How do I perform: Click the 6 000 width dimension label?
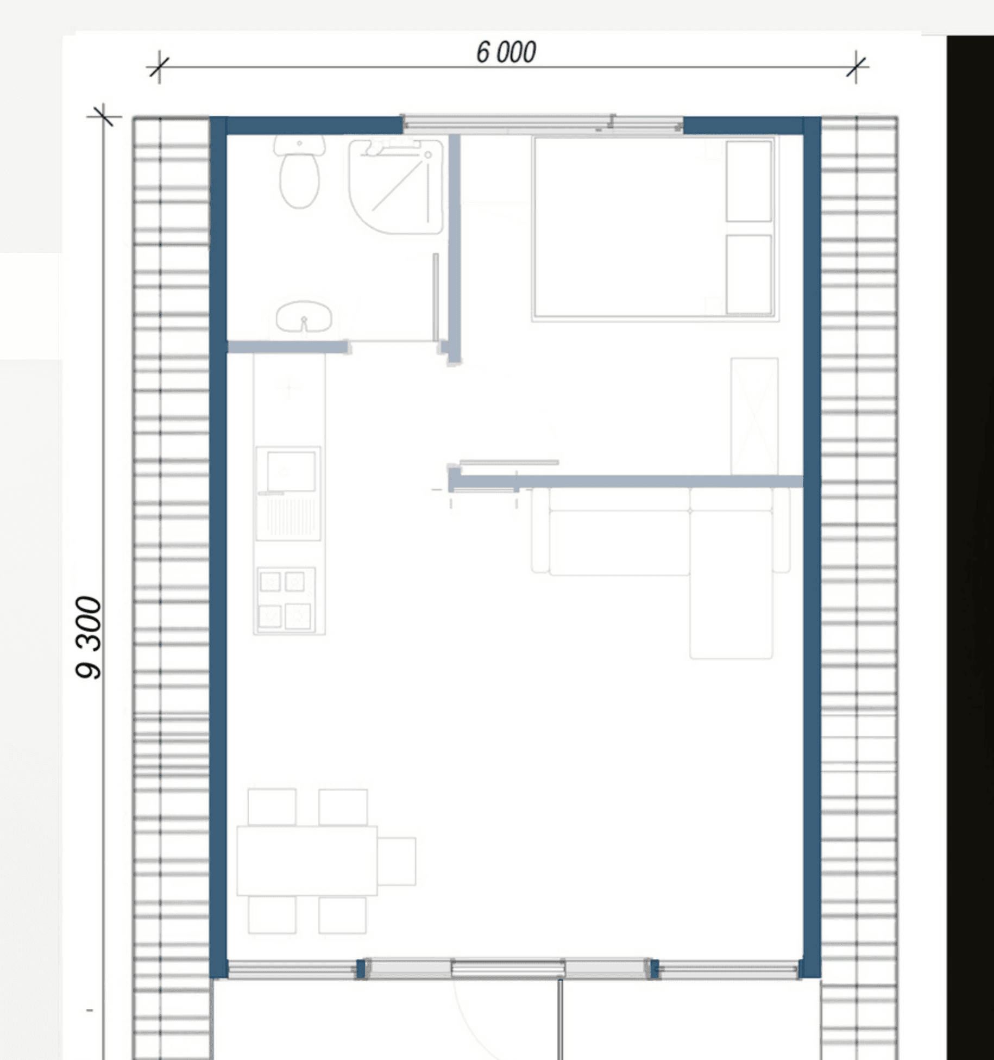(x=506, y=52)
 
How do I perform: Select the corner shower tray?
(x=395, y=186)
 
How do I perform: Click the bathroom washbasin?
(x=304, y=317)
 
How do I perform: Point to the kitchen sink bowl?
(x=291, y=471)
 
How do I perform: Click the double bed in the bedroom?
(x=655, y=228)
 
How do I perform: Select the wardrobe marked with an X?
(x=754, y=416)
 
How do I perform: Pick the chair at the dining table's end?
(x=397, y=861)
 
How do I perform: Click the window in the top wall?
(x=542, y=124)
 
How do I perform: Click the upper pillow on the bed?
(x=749, y=181)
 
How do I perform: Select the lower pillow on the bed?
(x=749, y=275)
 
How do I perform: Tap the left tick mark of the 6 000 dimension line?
(x=159, y=67)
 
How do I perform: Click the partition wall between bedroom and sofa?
(x=626, y=481)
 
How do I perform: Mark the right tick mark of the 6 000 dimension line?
(x=856, y=67)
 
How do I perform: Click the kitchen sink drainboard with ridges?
(x=289, y=516)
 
